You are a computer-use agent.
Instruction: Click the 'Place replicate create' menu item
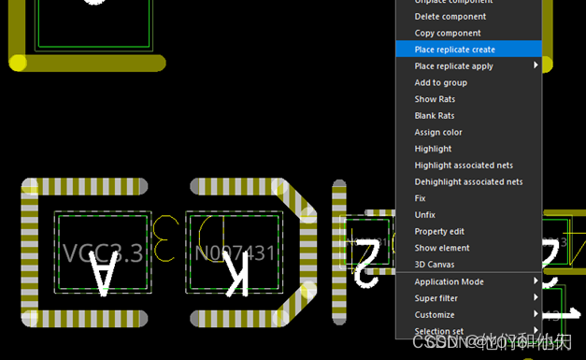pyautogui.click(x=454, y=50)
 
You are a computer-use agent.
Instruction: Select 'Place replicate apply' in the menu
pyautogui.click(x=453, y=66)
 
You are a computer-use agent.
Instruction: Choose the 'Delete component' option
pyautogui.click(x=450, y=17)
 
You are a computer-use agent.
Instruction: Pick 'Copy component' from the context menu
pyautogui.click(x=448, y=33)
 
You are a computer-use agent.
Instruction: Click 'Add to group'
pyautogui.click(x=440, y=83)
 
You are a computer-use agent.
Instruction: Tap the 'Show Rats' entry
pyautogui.click(x=435, y=99)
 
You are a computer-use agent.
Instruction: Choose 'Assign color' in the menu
pyautogui.click(x=438, y=133)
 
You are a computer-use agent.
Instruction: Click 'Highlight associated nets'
pyautogui.click(x=464, y=166)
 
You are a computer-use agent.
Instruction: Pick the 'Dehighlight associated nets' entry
pyautogui.click(x=468, y=182)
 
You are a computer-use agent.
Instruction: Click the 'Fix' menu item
pyautogui.click(x=421, y=198)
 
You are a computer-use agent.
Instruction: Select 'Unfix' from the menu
pyautogui.click(x=424, y=215)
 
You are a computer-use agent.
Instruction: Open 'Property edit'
pyautogui.click(x=439, y=232)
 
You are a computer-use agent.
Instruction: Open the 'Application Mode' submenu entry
pyautogui.click(x=449, y=281)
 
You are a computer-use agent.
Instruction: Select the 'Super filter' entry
pyautogui.click(x=437, y=298)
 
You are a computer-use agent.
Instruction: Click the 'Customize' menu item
pyautogui.click(x=435, y=315)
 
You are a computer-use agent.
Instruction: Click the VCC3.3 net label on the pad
pyautogui.click(x=103, y=252)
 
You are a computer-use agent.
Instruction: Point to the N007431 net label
pyautogui.click(x=235, y=253)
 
